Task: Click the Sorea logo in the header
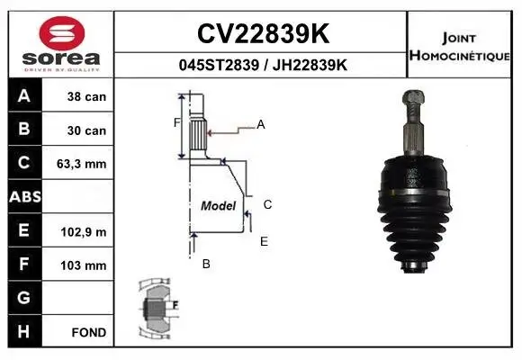click(x=61, y=44)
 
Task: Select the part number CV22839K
click(x=261, y=34)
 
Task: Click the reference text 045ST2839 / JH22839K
click(x=261, y=66)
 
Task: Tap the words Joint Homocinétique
click(x=462, y=45)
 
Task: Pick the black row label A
click(x=24, y=96)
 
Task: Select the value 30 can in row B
click(x=86, y=130)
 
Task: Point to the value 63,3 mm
click(x=86, y=164)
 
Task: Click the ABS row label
click(x=24, y=197)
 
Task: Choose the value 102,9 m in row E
click(x=87, y=231)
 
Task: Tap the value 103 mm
click(x=86, y=265)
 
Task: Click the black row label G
click(x=24, y=298)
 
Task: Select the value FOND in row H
click(x=89, y=332)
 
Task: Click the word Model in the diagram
click(x=218, y=205)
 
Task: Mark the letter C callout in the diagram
click(x=267, y=204)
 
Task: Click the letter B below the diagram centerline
click(x=205, y=264)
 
